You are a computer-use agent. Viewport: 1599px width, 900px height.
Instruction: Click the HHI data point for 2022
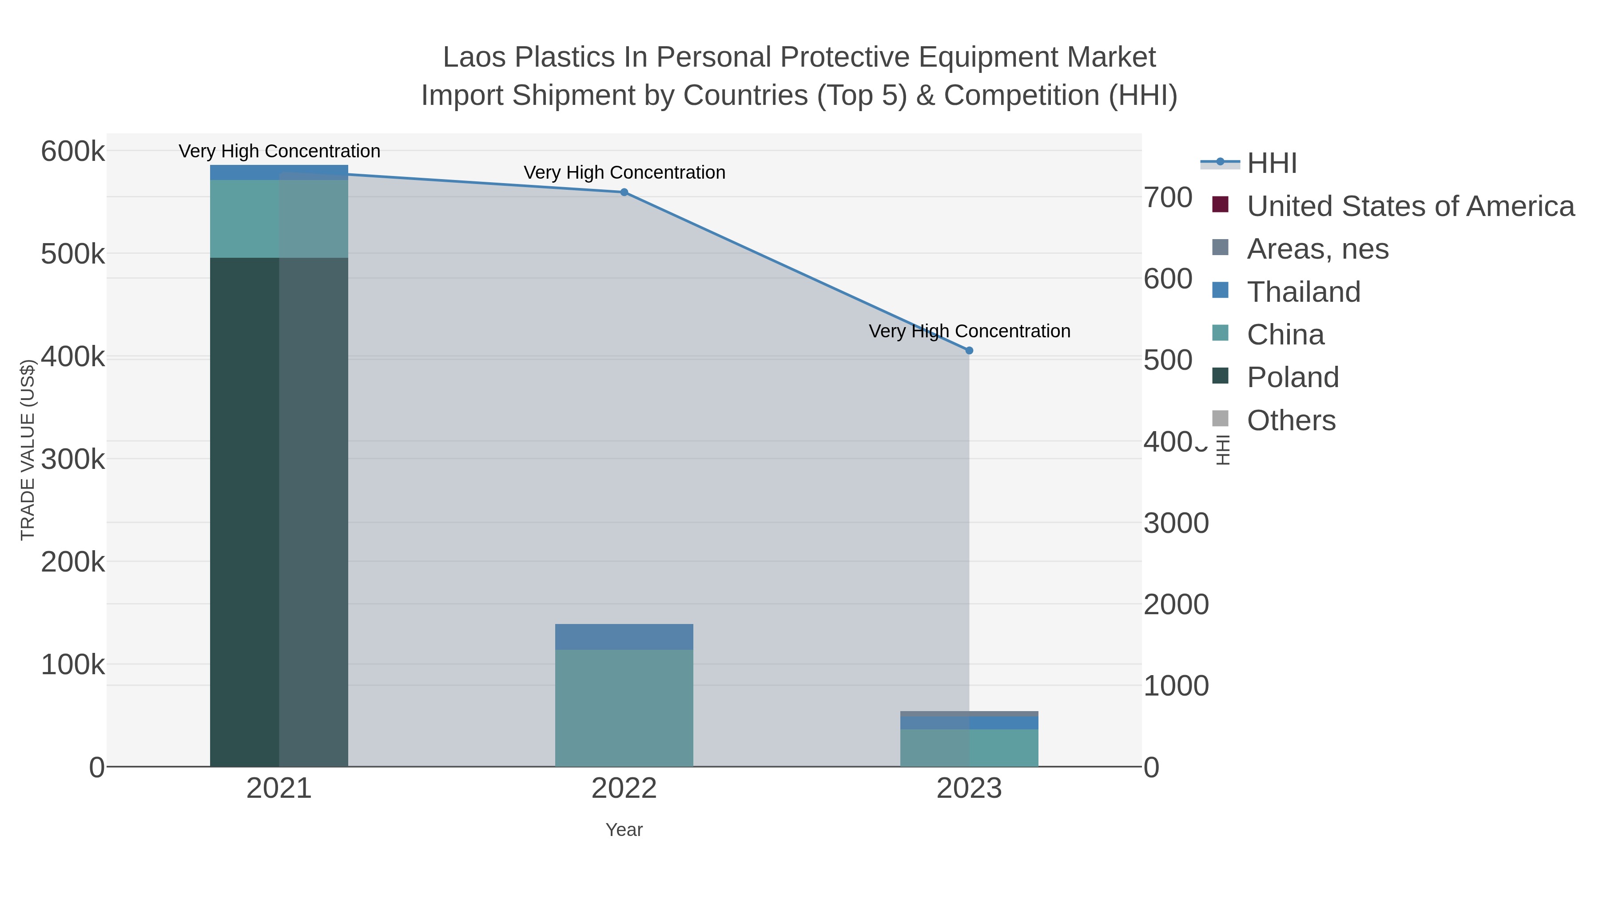point(624,192)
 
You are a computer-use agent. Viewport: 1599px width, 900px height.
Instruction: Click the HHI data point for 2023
point(969,351)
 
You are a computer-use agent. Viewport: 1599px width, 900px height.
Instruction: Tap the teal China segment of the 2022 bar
point(624,708)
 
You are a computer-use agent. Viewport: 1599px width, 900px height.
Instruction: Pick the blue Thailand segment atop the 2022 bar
point(624,636)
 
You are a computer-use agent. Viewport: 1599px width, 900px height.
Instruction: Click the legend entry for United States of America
point(1410,206)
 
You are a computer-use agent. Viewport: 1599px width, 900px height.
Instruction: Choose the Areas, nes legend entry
point(1317,249)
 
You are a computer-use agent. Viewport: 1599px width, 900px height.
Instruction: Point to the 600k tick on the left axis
point(73,152)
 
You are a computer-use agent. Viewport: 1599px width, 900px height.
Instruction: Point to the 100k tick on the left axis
point(73,664)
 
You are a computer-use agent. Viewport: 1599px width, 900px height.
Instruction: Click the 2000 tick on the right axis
point(1176,604)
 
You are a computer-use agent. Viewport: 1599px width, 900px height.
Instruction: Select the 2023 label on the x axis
point(969,789)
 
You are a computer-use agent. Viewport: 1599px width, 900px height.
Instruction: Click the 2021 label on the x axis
point(278,789)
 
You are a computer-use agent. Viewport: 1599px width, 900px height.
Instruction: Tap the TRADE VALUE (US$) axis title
point(28,450)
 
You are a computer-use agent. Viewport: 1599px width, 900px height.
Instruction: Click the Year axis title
point(624,830)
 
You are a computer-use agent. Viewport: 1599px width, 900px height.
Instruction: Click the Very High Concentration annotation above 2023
point(969,331)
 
